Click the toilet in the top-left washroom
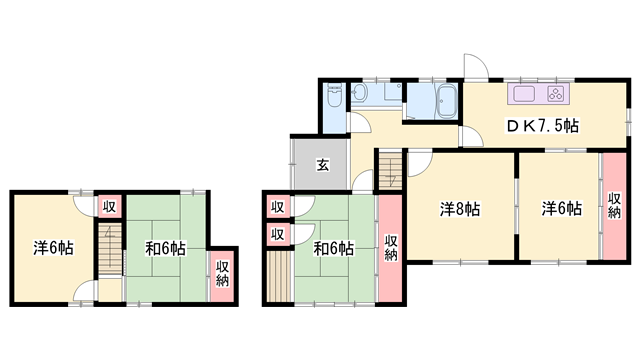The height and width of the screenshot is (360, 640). (x=334, y=97)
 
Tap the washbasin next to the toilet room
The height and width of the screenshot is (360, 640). (x=361, y=95)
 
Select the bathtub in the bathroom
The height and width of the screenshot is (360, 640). (x=446, y=100)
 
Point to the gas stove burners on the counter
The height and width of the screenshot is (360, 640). (x=554, y=95)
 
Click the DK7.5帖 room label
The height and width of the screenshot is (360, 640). (x=541, y=126)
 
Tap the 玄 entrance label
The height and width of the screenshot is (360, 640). (x=324, y=165)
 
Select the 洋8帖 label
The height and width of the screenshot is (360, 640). (x=460, y=210)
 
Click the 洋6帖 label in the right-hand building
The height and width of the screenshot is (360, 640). (x=561, y=209)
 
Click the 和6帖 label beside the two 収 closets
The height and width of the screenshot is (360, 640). (x=333, y=248)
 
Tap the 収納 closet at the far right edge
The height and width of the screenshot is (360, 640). (x=613, y=207)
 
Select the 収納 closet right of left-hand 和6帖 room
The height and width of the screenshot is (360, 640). (x=222, y=272)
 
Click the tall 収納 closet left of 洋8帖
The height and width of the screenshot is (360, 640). (x=390, y=246)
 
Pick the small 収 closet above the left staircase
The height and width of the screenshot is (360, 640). (x=109, y=206)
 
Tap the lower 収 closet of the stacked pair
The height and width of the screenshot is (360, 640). (x=277, y=235)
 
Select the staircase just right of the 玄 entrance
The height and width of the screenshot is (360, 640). (x=389, y=164)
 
